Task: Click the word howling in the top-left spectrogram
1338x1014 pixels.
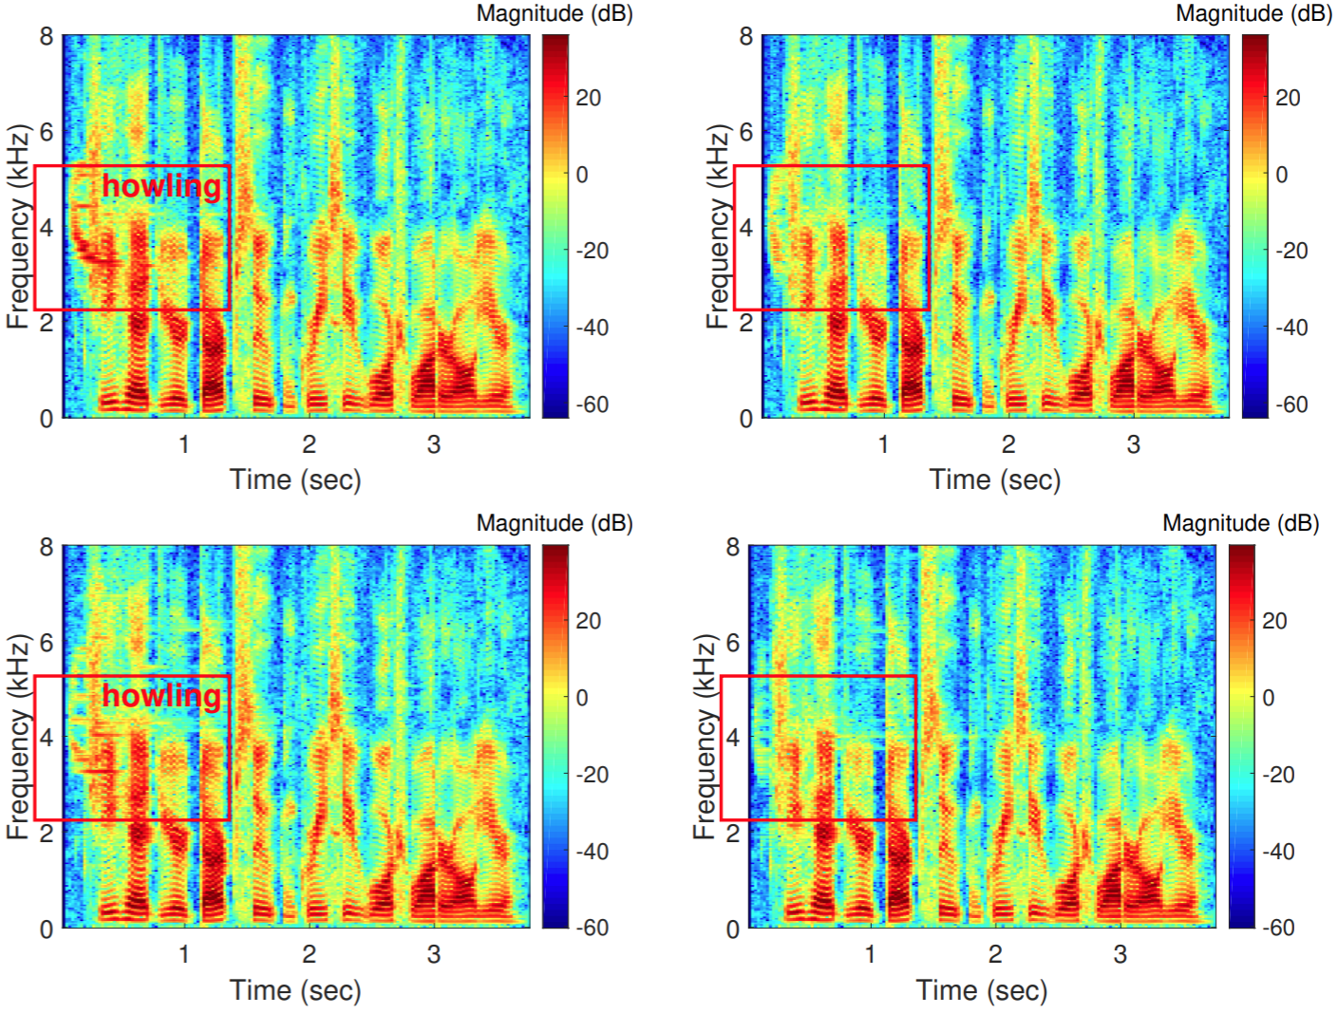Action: tap(161, 186)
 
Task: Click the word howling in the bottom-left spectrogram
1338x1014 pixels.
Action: tap(161, 696)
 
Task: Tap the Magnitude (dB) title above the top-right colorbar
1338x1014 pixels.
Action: tap(1253, 13)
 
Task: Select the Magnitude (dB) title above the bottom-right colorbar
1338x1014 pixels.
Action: tap(1240, 523)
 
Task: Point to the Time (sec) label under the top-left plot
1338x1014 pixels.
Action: tap(295, 479)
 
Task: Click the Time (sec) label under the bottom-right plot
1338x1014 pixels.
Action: tap(982, 990)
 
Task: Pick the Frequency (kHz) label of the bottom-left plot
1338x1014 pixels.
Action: tap(18, 737)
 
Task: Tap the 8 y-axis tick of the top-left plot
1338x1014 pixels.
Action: tap(46, 37)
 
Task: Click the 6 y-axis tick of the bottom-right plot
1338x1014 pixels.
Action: tap(732, 643)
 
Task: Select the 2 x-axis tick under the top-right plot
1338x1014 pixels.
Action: tap(1008, 444)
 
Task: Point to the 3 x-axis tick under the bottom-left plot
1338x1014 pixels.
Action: tap(434, 954)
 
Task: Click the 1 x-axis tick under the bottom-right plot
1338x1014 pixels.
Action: tap(870, 954)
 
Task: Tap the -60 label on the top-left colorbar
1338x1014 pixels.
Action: tap(592, 404)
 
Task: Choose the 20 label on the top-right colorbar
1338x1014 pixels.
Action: tap(1287, 98)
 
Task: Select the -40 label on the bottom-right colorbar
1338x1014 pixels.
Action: tap(1278, 852)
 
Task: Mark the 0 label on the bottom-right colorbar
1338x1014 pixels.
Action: tap(1268, 698)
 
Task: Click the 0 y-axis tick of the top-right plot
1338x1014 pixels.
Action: tap(745, 419)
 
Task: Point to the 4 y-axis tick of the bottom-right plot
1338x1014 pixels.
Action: tap(732, 738)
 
